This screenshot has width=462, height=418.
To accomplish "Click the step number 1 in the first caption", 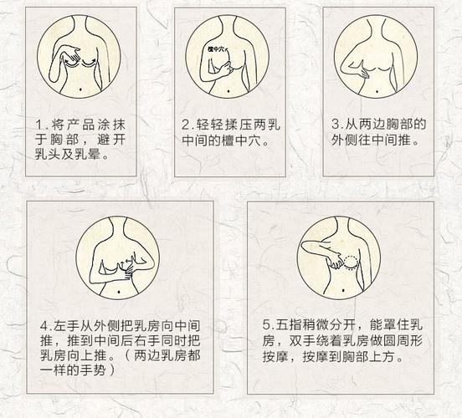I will coord(38,125).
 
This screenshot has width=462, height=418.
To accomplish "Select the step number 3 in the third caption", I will coord(335,125).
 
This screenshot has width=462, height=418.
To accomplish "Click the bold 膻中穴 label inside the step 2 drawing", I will coord(219,48).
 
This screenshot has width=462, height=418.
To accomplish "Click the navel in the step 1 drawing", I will coord(76,88).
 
